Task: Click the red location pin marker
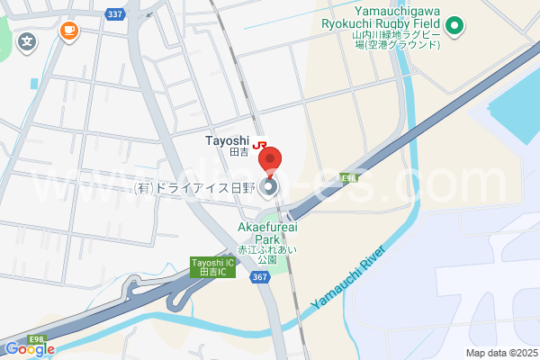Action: click(270, 160)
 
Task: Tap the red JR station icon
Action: click(259, 143)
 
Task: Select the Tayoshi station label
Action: click(226, 140)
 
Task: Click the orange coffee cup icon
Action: click(68, 31)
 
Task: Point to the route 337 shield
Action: click(113, 14)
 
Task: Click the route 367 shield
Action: click(261, 277)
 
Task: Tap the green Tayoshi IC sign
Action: click(213, 267)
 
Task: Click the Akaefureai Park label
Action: click(267, 233)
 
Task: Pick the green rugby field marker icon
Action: click(454, 26)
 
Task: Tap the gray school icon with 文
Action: click(28, 40)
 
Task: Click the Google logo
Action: click(29, 349)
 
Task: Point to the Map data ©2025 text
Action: click(500, 353)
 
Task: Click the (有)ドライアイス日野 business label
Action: click(194, 187)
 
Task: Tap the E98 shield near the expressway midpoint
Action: click(348, 178)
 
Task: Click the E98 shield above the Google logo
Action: click(36, 338)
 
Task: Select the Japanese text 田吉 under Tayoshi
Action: click(238, 154)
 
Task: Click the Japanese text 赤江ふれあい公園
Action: click(266, 253)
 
